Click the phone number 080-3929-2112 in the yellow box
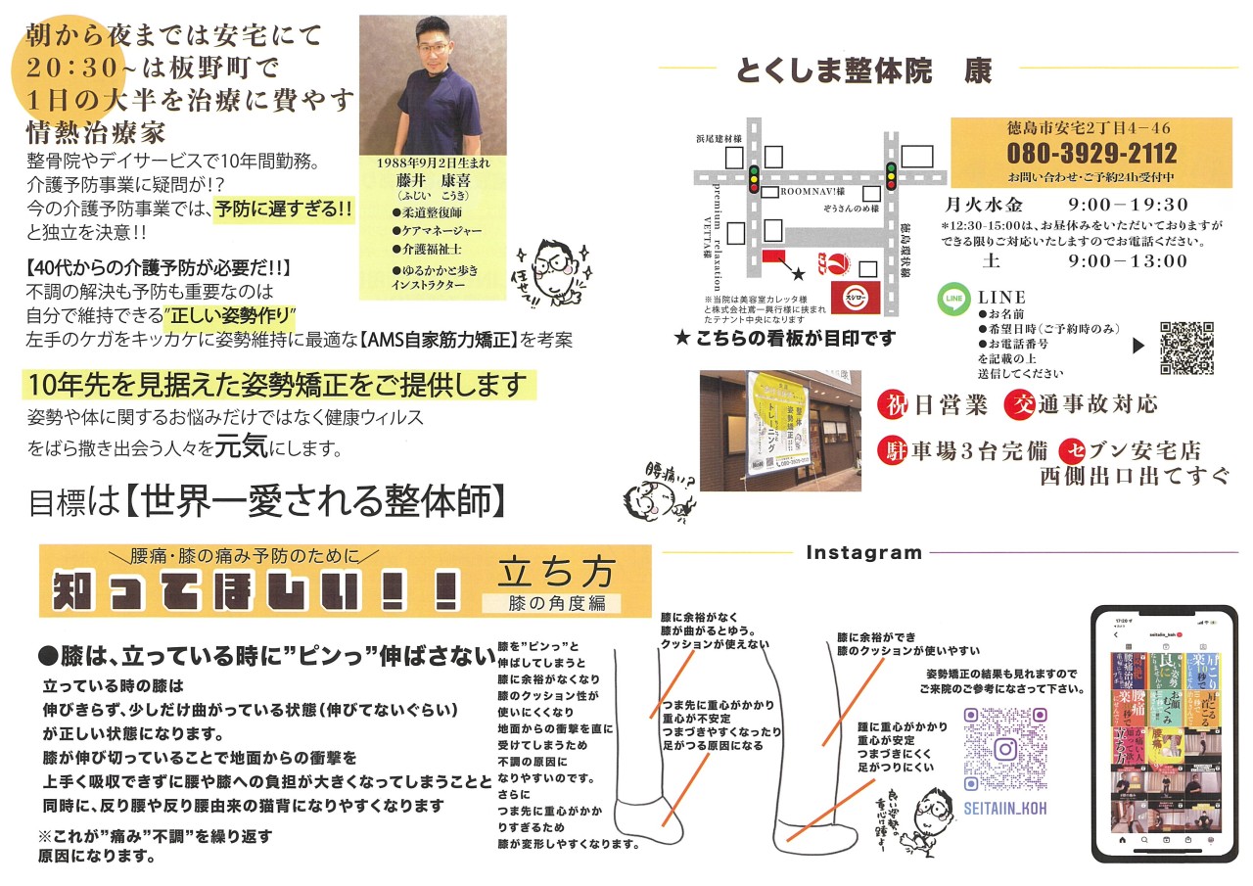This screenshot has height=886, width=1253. (1092, 155)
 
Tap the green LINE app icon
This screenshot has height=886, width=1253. (953, 299)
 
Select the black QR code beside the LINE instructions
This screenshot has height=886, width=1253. (1186, 348)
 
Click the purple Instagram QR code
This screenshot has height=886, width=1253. (1004, 750)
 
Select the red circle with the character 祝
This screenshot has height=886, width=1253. (894, 403)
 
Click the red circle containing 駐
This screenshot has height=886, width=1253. (894, 449)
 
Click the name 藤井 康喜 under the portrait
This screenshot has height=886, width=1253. (433, 179)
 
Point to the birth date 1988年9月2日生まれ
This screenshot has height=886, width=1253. (433, 163)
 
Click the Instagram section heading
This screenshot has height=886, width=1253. (863, 553)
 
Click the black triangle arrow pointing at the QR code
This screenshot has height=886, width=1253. (1137, 345)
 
